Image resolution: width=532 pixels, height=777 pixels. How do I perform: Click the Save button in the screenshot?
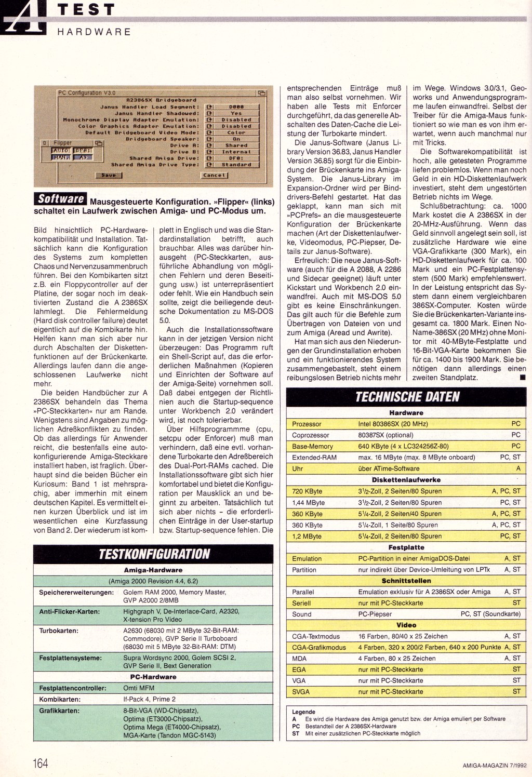coord(108,175)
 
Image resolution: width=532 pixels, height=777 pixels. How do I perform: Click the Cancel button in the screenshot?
coord(215,175)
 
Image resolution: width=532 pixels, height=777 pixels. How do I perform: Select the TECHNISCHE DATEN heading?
coord(407,397)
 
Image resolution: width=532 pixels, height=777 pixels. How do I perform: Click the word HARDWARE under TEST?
coord(94,31)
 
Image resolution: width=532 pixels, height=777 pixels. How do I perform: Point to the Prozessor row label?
coord(307,424)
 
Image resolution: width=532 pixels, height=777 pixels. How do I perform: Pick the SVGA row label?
coord(301,691)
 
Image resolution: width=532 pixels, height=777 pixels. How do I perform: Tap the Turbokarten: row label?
coord(59,631)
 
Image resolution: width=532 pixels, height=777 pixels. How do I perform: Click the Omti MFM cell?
coord(138,688)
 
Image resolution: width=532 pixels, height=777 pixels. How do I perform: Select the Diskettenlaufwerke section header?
coord(407,480)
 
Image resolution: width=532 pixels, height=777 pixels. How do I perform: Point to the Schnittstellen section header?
coord(407,581)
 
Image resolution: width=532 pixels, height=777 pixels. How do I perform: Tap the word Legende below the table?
coord(303,712)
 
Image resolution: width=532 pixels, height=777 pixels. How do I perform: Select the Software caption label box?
coord(61,198)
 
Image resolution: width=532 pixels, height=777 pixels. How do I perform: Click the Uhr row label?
coord(298,468)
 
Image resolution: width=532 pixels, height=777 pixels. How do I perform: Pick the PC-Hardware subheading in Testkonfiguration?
coord(153,677)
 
